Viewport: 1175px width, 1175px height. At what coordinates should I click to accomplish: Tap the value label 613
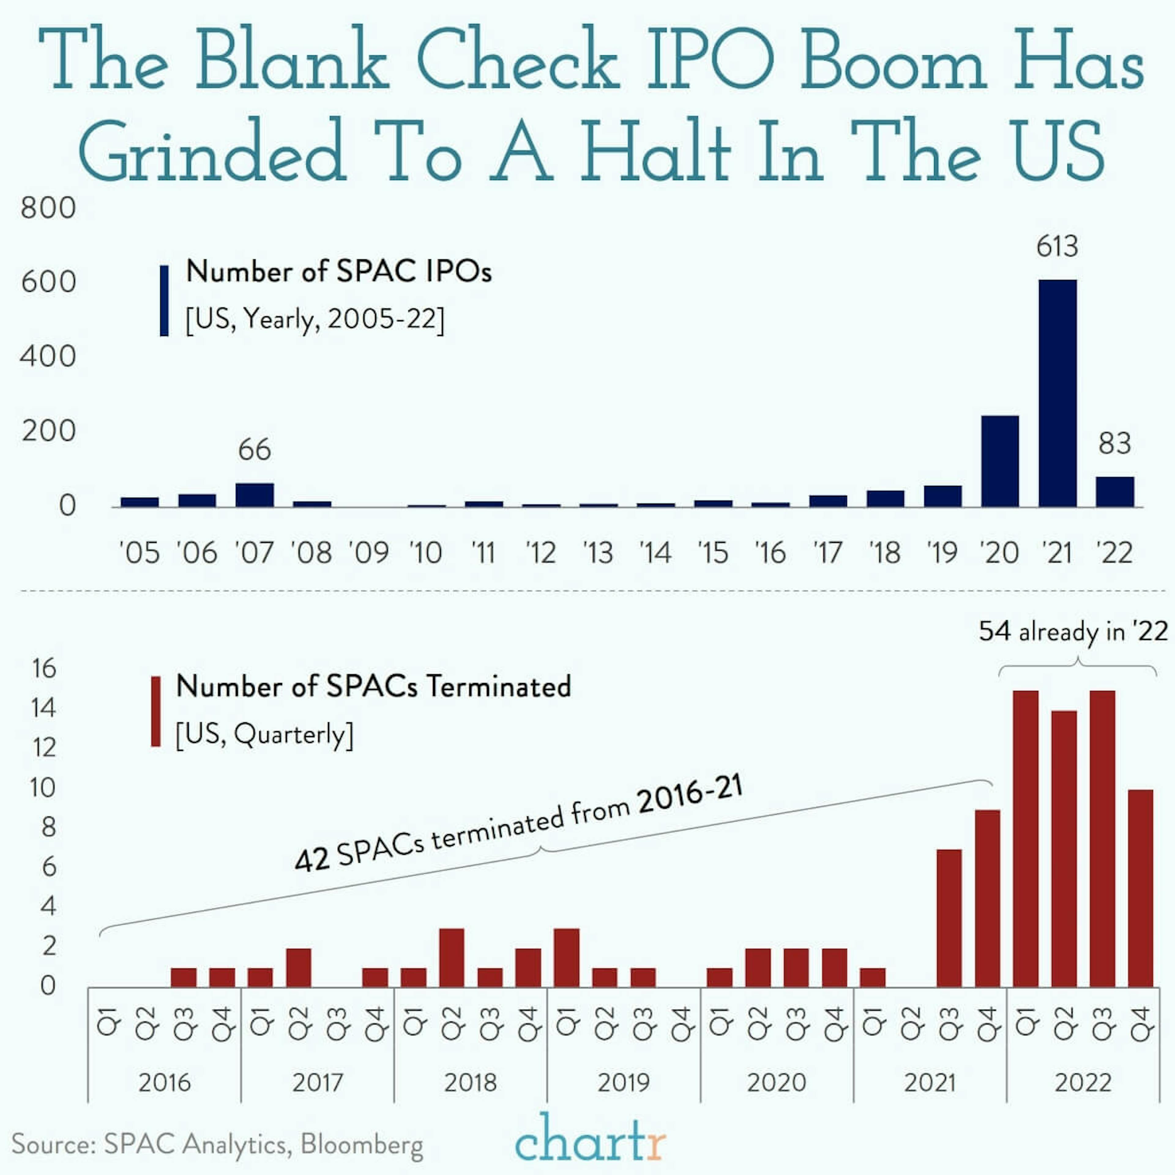coord(1057,246)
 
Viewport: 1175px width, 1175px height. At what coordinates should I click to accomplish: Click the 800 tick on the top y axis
coord(49,208)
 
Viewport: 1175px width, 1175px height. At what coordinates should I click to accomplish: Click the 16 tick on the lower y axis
coord(44,668)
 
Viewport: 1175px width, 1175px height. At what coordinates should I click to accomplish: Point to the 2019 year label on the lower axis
coord(623,1083)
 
